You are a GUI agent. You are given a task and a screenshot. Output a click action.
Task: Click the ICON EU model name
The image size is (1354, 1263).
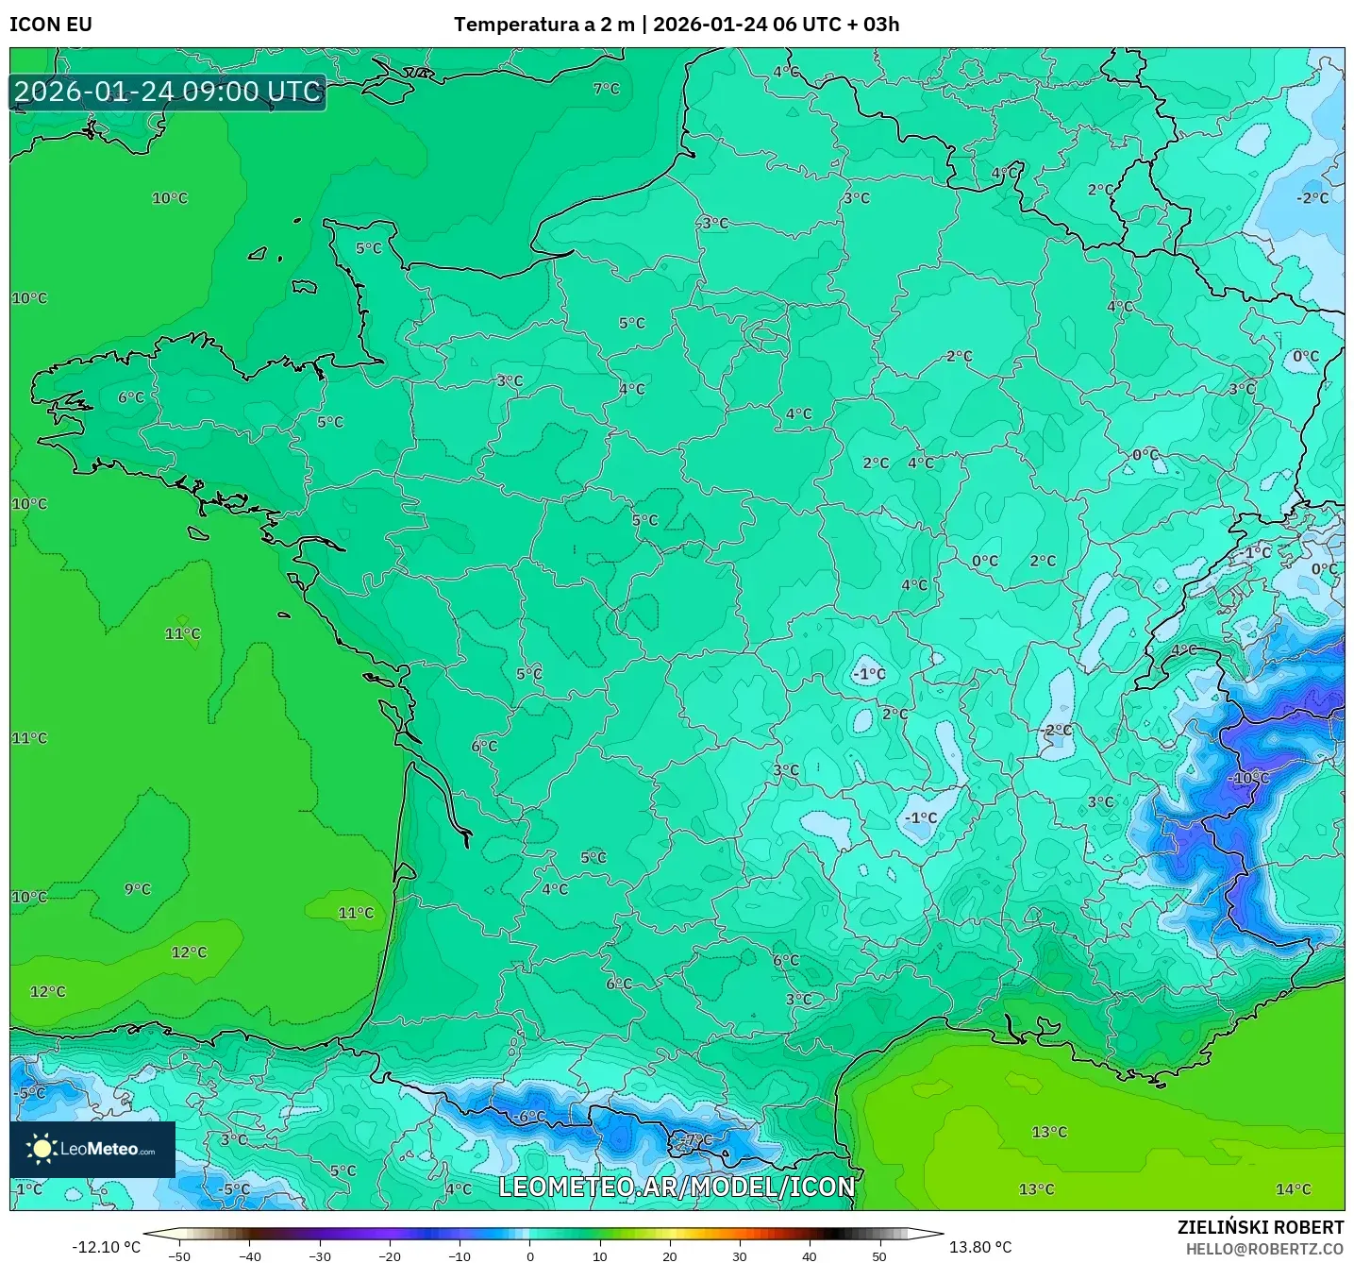(51, 25)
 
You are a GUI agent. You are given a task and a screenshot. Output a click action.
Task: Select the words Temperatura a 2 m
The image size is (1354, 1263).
(543, 25)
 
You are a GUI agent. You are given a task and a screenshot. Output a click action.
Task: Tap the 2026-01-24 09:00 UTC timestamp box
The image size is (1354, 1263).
(168, 92)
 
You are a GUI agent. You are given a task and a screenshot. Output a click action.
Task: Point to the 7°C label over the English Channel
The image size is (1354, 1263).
(607, 89)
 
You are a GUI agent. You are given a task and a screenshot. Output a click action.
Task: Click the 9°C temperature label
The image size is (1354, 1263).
(138, 889)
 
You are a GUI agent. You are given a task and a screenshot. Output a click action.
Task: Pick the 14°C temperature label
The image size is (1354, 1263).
(1293, 1189)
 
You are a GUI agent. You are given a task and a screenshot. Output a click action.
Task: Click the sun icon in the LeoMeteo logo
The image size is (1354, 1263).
(42, 1149)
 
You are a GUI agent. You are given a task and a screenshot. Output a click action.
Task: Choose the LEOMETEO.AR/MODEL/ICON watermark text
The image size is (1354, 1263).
(677, 1187)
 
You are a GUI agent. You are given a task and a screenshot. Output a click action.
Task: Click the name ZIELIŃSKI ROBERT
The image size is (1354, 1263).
(1260, 1227)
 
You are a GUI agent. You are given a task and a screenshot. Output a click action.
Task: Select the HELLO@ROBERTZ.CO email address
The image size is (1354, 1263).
(1264, 1249)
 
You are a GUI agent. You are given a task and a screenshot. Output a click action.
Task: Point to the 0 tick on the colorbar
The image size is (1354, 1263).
(530, 1255)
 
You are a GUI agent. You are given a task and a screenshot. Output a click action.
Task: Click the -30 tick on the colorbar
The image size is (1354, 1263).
(320, 1255)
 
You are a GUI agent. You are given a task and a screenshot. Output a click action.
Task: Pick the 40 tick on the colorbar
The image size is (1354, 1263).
(810, 1255)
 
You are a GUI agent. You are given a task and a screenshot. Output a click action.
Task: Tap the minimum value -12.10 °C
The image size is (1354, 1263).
(106, 1247)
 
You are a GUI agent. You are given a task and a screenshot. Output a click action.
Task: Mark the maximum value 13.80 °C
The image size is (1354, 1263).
(980, 1247)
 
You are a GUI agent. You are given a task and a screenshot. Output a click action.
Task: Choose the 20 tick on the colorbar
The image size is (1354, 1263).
(670, 1255)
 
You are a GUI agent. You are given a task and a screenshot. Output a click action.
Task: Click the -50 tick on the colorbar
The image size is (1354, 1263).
(179, 1255)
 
